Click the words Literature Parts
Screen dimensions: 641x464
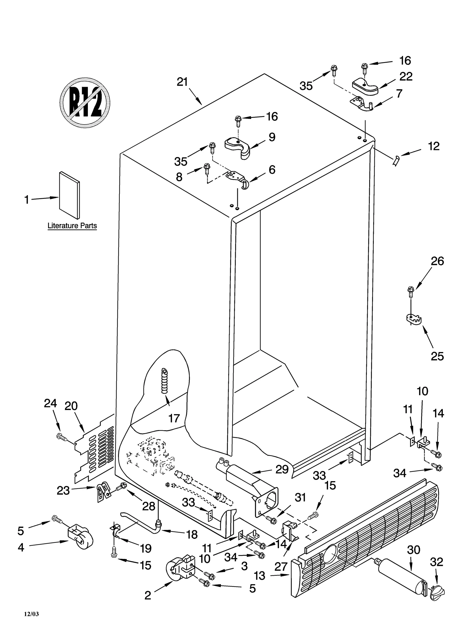pos(72,225)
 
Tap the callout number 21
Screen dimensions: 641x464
pos(182,82)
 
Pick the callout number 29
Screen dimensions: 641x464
pos(282,470)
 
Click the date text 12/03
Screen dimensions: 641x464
pos(31,614)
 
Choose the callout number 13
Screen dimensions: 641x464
pos(260,575)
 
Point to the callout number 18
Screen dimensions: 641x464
pos(192,533)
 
